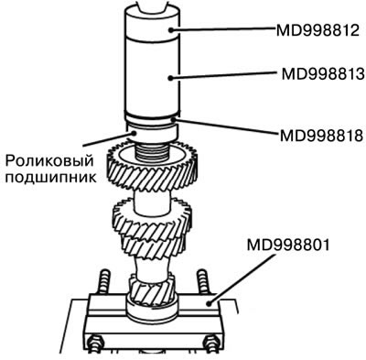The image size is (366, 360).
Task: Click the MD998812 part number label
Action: coord(318,30)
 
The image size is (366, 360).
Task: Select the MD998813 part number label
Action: coord(323,73)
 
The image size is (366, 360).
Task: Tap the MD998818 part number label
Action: coord(322,136)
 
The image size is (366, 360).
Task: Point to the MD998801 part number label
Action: coord(288,245)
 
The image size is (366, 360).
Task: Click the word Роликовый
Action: coord(49,160)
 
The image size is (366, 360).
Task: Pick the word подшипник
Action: coord(50,177)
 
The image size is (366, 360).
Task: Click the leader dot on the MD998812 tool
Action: coord(172,30)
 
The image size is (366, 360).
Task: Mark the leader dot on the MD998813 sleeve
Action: coord(170,78)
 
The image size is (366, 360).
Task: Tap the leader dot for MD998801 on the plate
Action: coord(209,303)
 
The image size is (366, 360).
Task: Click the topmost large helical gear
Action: coord(152,167)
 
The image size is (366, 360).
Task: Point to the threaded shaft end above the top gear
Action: coord(151,153)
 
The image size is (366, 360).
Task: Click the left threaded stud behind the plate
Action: coord(103,282)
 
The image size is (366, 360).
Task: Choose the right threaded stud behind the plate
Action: coord(202,282)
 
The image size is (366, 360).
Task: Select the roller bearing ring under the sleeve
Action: coord(151,132)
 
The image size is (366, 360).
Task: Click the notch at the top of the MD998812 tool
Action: coord(152,8)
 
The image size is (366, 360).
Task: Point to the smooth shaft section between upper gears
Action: coord(152,201)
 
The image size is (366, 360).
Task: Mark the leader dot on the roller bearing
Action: coord(134,133)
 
